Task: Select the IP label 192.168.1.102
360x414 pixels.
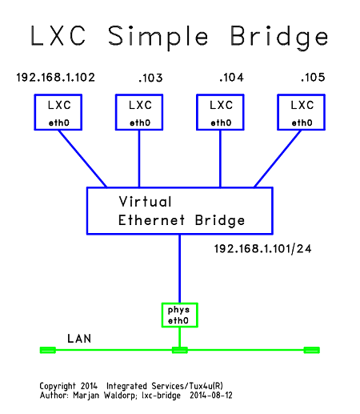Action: coord(56,78)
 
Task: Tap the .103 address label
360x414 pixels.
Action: coord(150,78)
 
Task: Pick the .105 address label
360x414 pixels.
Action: coord(312,78)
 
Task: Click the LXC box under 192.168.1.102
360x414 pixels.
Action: coord(58,112)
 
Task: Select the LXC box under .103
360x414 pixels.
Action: coord(139,112)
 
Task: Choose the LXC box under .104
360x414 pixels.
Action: coord(221,112)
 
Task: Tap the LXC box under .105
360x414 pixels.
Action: coord(302,112)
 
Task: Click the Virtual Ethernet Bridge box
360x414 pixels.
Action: coord(179,211)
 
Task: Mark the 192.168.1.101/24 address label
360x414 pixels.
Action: coord(262,249)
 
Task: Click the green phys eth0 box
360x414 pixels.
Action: coord(179,315)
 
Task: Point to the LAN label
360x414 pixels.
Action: coord(78,339)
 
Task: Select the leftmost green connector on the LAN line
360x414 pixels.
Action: coord(48,350)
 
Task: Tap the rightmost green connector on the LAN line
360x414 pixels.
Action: coord(311,350)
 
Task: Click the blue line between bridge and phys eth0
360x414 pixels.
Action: coord(179,268)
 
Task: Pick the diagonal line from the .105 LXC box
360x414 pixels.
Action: coord(278,159)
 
